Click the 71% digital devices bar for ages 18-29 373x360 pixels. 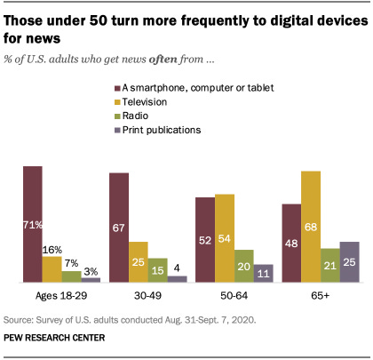33,224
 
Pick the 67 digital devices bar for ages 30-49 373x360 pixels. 119,228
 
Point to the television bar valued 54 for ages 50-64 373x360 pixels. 225,238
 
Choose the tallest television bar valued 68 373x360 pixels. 311,227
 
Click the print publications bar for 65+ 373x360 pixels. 349,262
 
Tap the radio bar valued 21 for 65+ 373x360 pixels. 330,266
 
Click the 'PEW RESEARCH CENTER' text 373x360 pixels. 54,338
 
